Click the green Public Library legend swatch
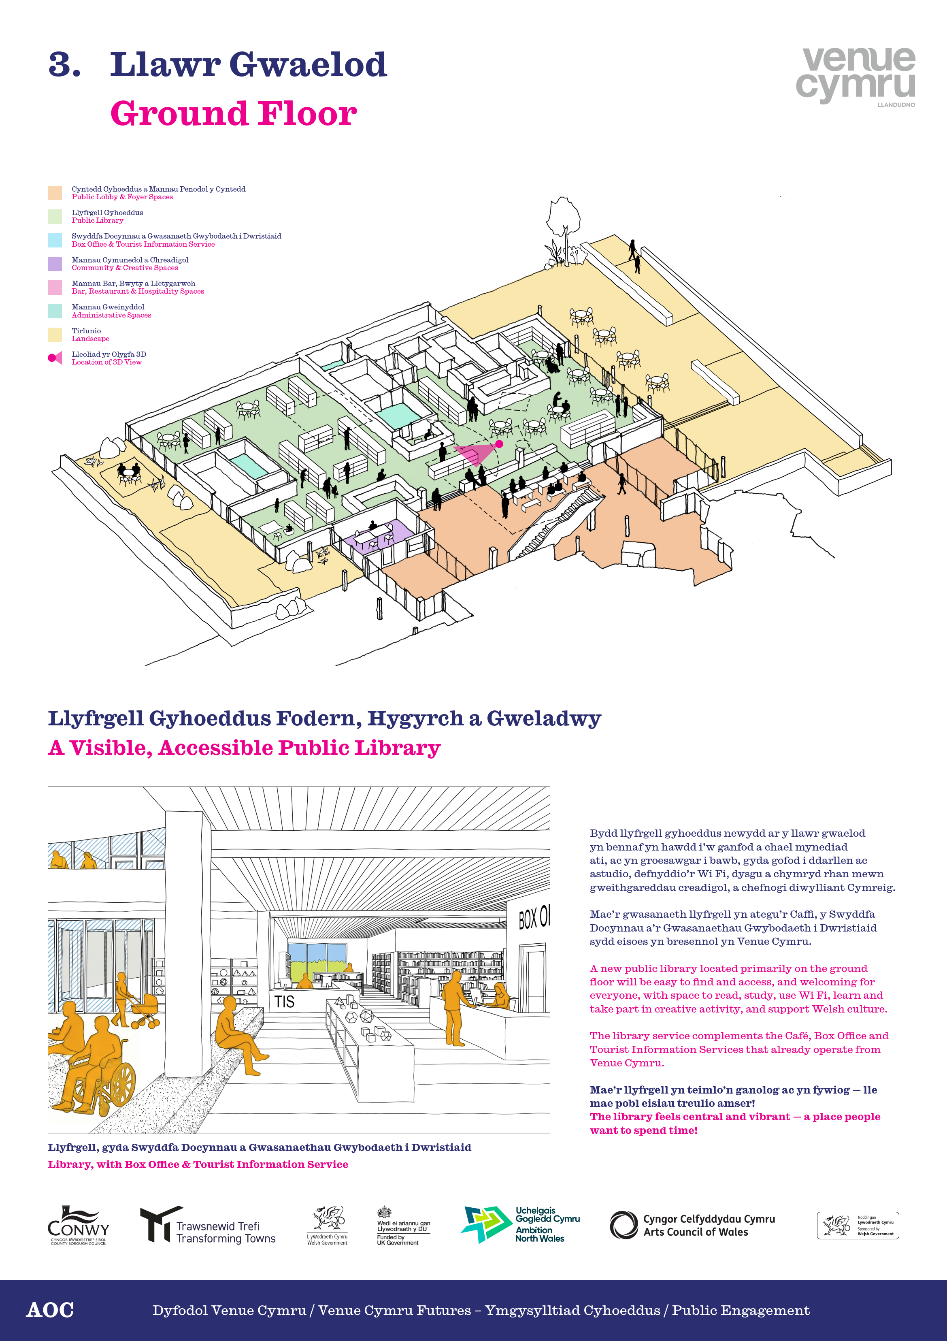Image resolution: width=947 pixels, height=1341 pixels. click(55, 217)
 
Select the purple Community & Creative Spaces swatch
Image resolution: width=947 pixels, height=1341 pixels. click(55, 264)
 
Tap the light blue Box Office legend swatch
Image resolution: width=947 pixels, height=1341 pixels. click(55, 240)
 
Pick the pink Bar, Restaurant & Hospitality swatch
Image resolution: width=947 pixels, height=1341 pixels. click(55, 288)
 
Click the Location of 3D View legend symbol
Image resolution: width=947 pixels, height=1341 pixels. click(55, 358)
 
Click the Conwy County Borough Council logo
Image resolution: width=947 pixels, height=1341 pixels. click(78, 1225)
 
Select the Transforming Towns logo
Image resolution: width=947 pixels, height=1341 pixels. click(207, 1225)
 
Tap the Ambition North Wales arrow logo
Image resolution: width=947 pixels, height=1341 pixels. click(486, 1224)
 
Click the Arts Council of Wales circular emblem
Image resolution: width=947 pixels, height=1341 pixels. click(624, 1225)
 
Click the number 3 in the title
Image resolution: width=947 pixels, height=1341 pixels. click(64, 64)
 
